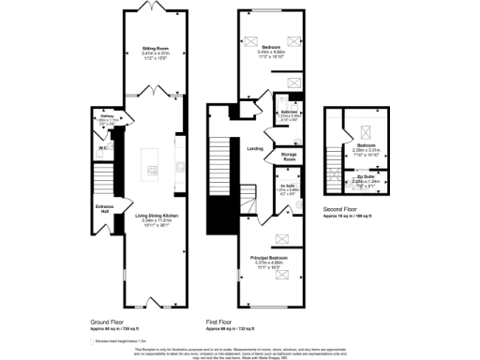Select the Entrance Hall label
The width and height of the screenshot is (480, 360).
click(104, 208)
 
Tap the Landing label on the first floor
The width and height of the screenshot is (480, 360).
click(254, 147)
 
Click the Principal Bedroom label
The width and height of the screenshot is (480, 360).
click(268, 256)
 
